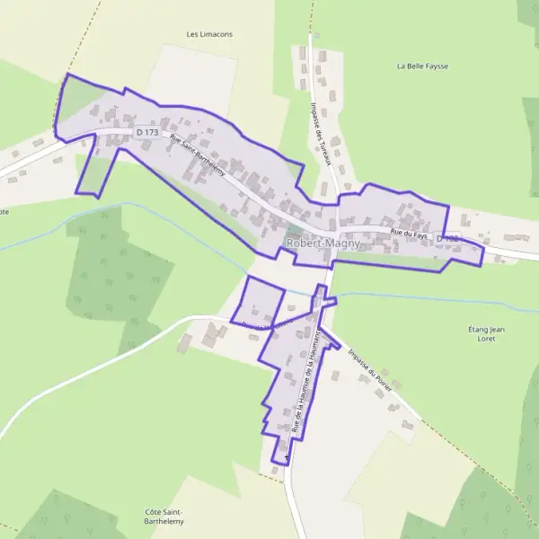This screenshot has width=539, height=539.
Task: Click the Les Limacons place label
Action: point(209,34)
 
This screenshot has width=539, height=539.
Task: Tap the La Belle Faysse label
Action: point(422,66)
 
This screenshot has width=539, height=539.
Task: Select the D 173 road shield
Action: point(147,133)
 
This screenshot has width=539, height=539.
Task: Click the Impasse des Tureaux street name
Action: point(321,134)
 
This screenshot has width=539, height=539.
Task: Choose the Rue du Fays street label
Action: point(407,234)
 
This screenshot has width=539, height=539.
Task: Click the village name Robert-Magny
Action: point(323,243)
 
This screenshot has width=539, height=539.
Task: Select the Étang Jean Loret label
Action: point(487,335)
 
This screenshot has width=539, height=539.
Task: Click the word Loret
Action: point(487,340)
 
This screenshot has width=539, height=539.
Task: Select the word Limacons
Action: point(216,34)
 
